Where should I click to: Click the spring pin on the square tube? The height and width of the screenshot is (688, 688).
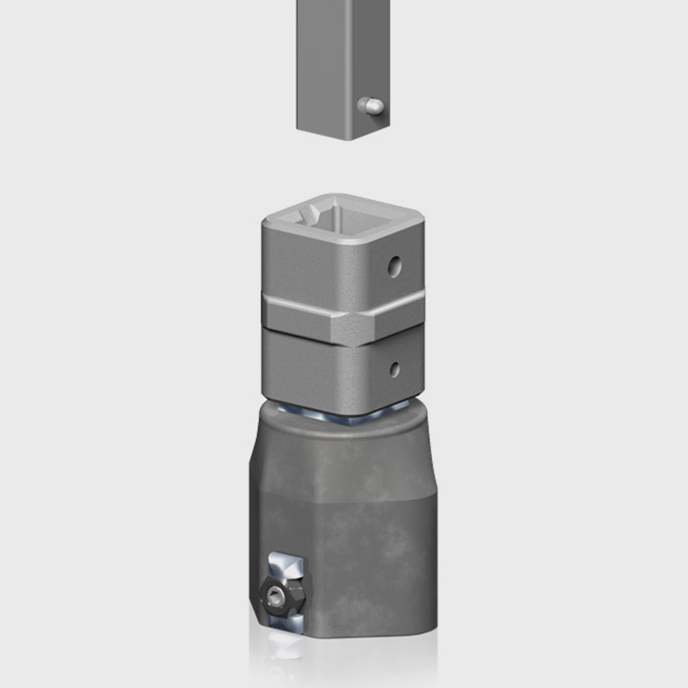click(371, 106)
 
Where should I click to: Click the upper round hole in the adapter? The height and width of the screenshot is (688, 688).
click(394, 266)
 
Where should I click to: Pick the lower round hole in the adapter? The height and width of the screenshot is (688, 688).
click(394, 369)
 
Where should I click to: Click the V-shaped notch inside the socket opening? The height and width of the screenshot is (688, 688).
click(313, 213)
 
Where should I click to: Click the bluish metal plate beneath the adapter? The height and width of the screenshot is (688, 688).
click(344, 416)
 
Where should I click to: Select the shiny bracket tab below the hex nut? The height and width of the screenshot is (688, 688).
click(289, 623)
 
